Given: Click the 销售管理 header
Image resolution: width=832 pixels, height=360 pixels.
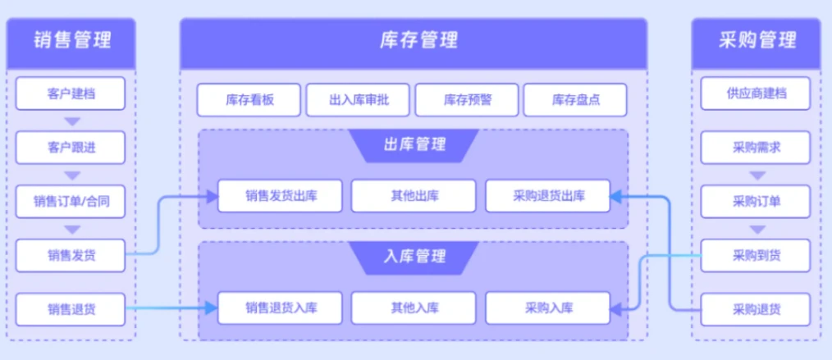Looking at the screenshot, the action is pos(71,39).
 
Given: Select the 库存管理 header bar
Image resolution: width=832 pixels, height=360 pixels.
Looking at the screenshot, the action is pos(414,39).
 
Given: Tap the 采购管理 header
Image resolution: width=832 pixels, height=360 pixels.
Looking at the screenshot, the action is pos(756,39).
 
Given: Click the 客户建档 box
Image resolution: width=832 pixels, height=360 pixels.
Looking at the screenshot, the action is pos(71,93).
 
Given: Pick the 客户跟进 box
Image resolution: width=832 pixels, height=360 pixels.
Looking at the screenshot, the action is pos(71,148).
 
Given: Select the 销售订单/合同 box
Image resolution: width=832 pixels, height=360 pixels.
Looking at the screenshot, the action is pos(71,201).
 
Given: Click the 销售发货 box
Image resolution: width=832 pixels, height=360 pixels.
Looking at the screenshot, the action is pos(71,255).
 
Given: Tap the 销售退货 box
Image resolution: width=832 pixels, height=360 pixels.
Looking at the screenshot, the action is pos(71,309).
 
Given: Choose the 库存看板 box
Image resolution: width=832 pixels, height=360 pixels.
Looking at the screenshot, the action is pos(249,100).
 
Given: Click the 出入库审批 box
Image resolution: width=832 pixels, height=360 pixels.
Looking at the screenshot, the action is pos(358,100).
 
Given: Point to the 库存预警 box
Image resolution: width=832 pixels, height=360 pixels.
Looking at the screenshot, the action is pos(467,100).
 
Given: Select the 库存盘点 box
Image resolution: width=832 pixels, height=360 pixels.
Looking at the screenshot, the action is pos(575,100).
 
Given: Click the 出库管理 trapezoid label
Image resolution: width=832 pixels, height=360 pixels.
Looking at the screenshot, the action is pos(414,145).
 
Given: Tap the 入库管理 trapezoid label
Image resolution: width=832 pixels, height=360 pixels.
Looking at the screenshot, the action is pos(414,257).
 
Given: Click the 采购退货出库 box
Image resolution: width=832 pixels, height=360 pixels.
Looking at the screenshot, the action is pos(548,196).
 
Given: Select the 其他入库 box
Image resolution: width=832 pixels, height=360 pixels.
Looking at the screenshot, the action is pos(414,308).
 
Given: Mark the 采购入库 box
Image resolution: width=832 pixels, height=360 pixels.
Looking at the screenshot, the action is pos(548,308).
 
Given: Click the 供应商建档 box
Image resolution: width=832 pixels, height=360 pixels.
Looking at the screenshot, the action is pos(756,93).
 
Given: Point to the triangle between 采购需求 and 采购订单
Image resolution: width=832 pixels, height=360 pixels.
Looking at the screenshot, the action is pos(756,175).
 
